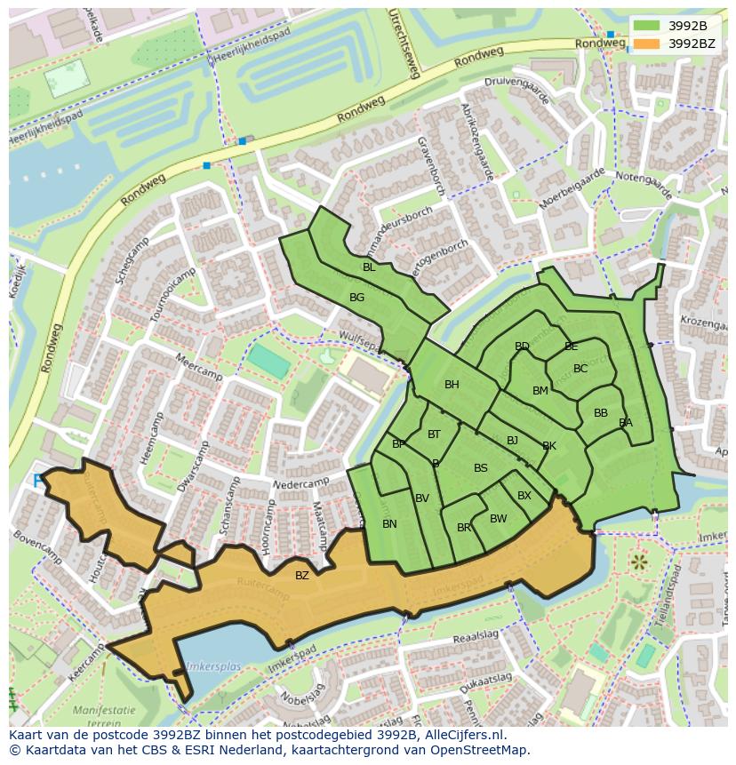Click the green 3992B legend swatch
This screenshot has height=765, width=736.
(x=646, y=26)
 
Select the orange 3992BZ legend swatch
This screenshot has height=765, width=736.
(x=646, y=43)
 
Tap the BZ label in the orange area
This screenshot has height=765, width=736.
(x=302, y=576)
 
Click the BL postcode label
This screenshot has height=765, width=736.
(x=369, y=267)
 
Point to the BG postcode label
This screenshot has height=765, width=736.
(x=356, y=298)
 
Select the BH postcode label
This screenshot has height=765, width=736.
(x=452, y=385)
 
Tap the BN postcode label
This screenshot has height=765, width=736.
(x=389, y=524)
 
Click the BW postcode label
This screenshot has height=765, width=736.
(x=498, y=519)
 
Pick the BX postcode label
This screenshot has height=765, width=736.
(x=524, y=496)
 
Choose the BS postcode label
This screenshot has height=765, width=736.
(x=480, y=468)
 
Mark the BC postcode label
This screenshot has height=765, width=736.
(x=580, y=369)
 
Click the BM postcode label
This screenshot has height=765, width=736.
(x=540, y=391)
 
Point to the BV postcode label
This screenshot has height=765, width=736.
(x=422, y=498)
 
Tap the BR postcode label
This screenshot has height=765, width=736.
(x=463, y=528)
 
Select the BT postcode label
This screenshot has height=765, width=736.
(x=434, y=434)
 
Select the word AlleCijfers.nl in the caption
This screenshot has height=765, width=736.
(x=462, y=735)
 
